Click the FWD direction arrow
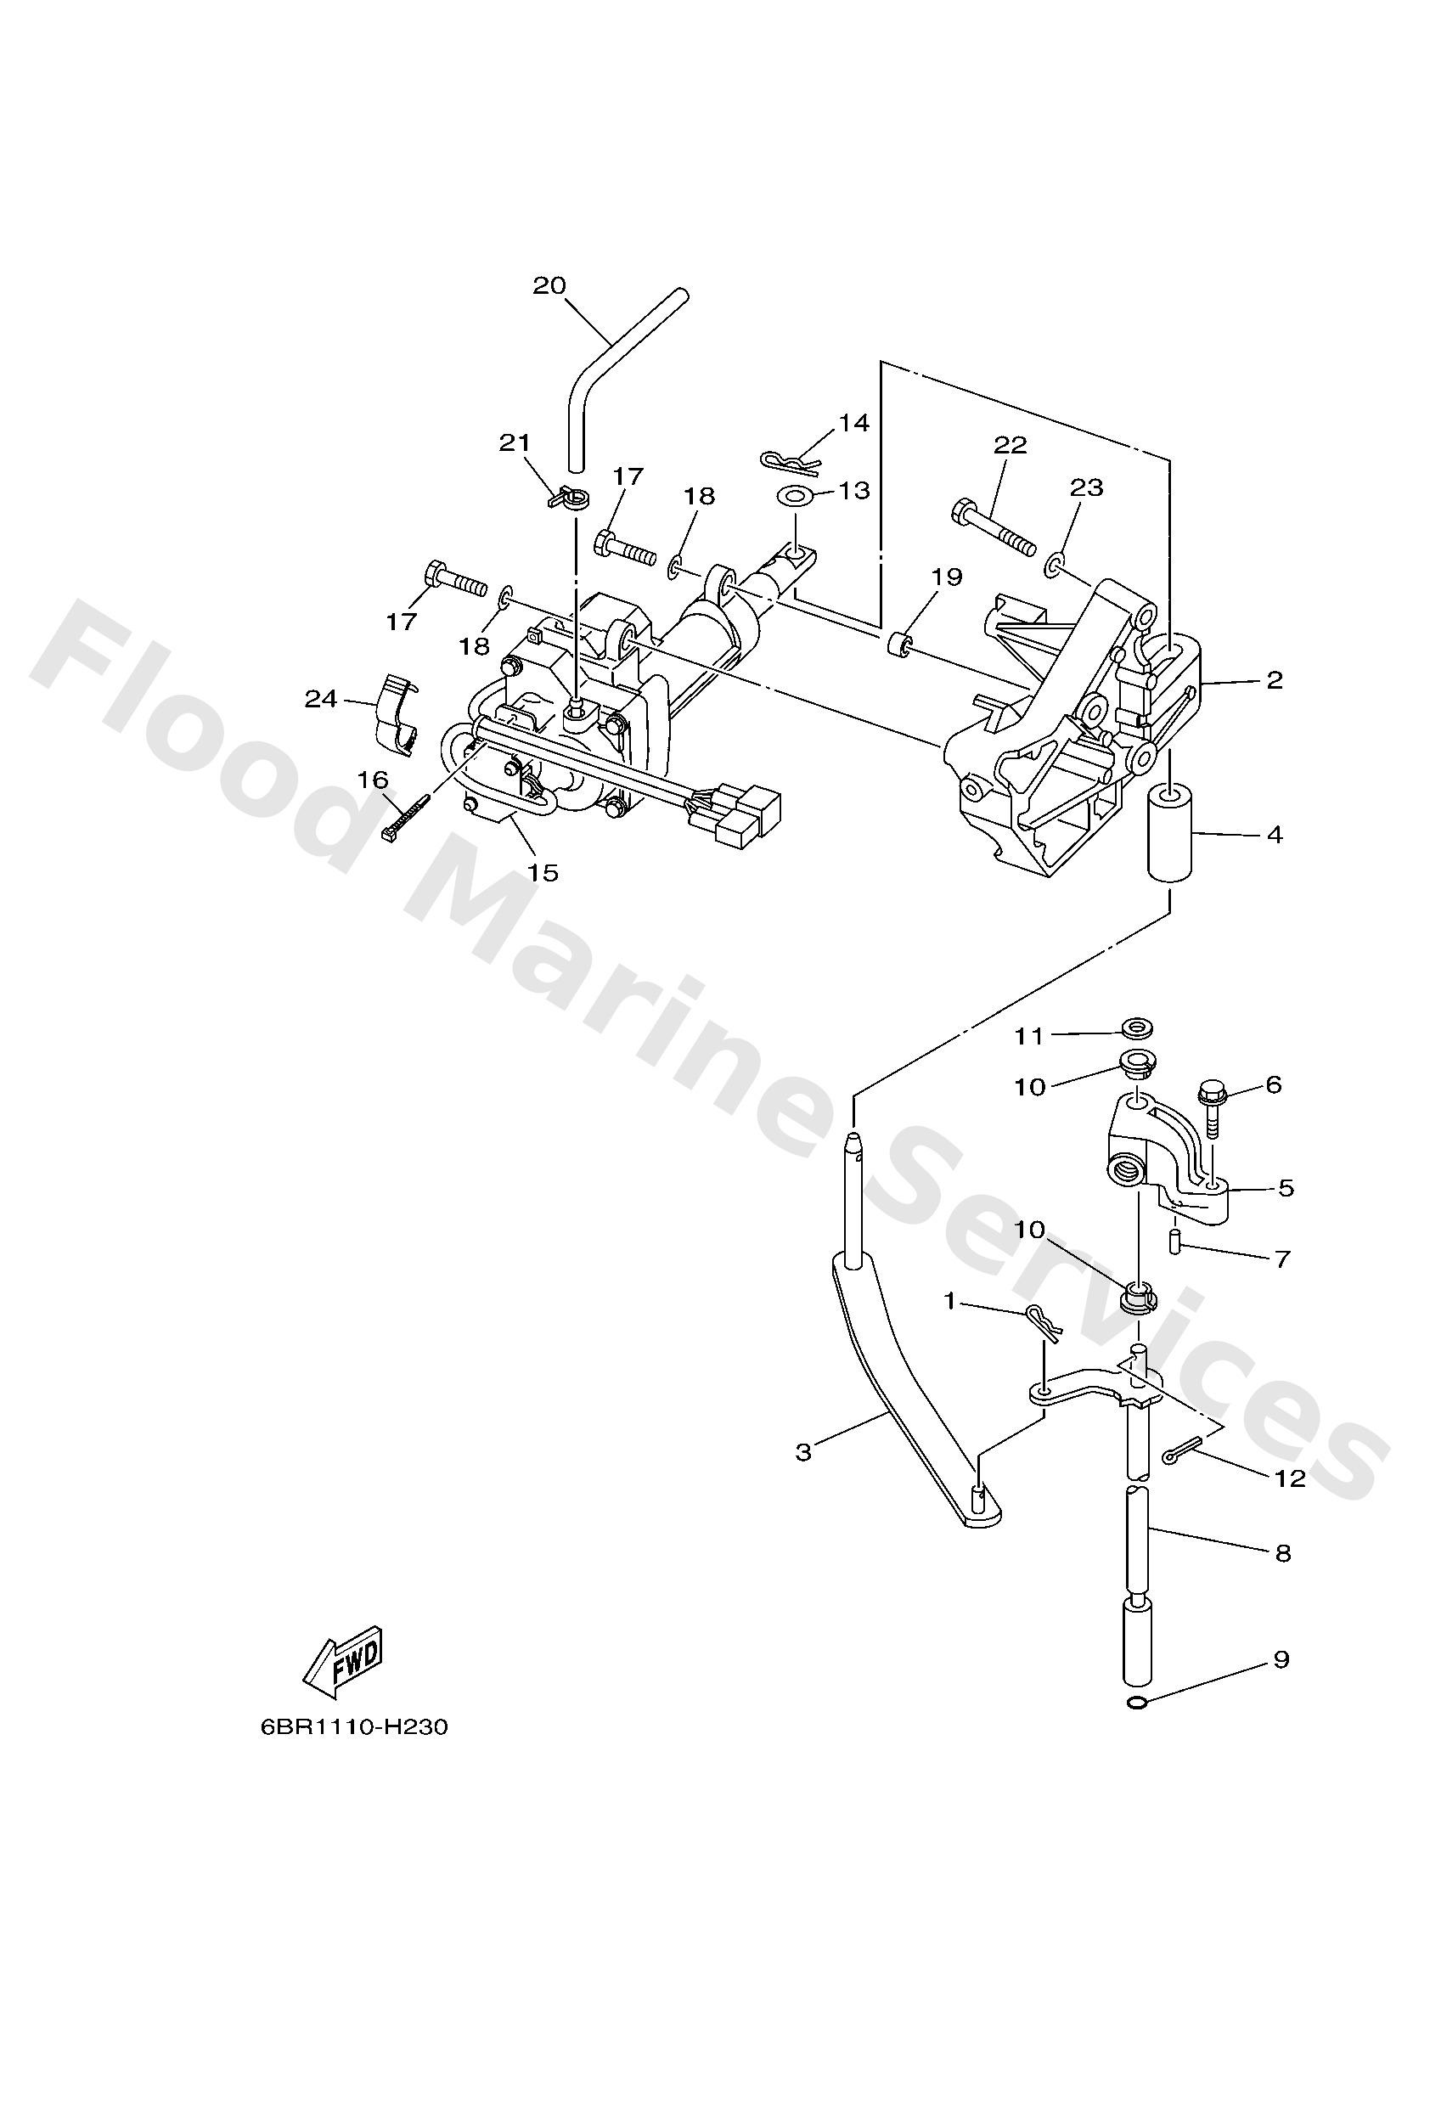pos(343,1664)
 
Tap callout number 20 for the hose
pos(549,285)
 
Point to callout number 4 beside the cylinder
pos(1274,834)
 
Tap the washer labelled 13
pos(795,497)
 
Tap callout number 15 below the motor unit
pos(543,873)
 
